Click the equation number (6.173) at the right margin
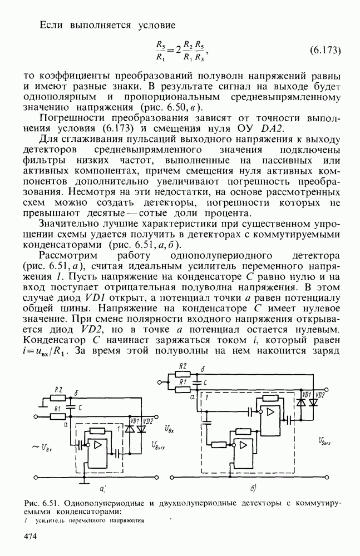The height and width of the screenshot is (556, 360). click(324, 51)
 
